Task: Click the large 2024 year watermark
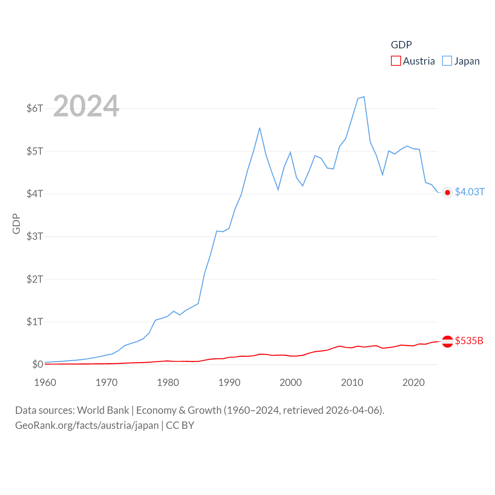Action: click(86, 106)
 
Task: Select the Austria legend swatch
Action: click(396, 61)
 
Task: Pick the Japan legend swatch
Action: click(447, 61)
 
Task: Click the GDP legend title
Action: click(401, 45)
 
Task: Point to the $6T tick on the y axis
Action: click(35, 108)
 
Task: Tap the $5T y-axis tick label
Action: click(35, 151)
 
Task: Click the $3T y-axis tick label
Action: click(35, 236)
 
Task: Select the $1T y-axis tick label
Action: click(35, 322)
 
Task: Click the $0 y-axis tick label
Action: click(38, 364)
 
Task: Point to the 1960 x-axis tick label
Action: click(45, 382)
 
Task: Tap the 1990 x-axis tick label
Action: click(229, 382)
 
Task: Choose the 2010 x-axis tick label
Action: click(352, 382)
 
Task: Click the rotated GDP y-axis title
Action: click(16, 224)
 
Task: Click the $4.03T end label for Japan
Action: click(469, 192)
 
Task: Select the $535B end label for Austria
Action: click(469, 341)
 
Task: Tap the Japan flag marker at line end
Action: click(447, 193)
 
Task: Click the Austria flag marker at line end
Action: click(447, 341)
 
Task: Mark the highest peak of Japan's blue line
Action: click(364, 97)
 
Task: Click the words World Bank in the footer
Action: click(103, 410)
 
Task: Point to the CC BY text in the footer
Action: click(180, 425)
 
